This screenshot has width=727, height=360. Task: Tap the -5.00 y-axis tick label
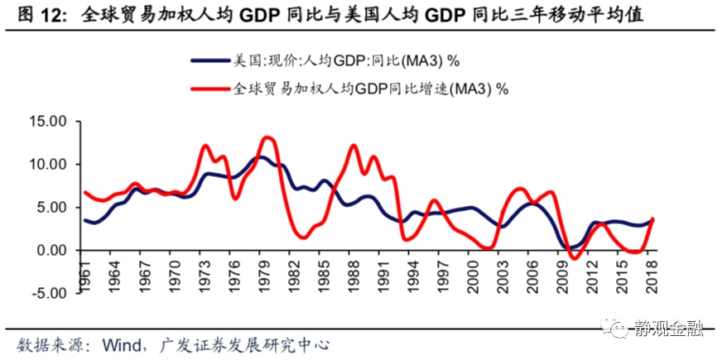(x=46, y=292)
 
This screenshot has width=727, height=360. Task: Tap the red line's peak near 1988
(x=354, y=146)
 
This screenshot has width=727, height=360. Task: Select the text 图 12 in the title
(x=35, y=14)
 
